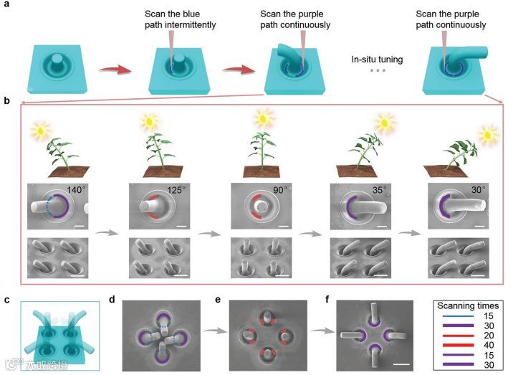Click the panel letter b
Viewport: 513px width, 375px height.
coord(7,102)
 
